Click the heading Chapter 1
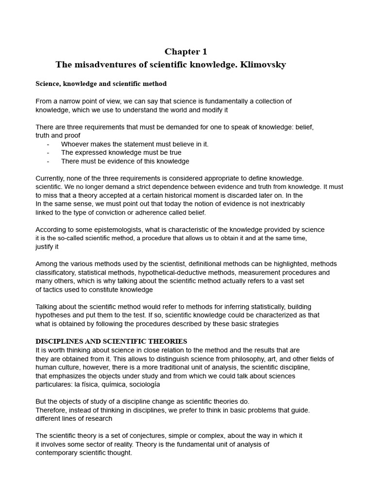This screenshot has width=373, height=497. click(x=182, y=51)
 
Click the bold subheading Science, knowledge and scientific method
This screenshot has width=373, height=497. click(x=101, y=84)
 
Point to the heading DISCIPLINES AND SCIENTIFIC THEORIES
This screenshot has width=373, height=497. click(x=111, y=341)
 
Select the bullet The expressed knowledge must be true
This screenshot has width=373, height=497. click(x=121, y=152)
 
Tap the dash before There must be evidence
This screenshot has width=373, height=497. click(x=48, y=161)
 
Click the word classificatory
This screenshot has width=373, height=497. click(x=55, y=272)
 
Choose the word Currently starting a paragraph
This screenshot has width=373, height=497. click(x=51, y=178)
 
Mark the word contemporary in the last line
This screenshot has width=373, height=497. click(x=59, y=453)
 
